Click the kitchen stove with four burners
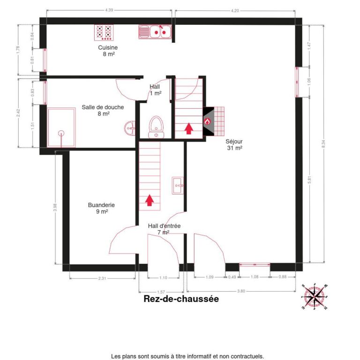[x=104, y=32]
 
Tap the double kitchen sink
[x=155, y=32]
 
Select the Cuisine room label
[x=108, y=51]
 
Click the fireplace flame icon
[x=207, y=121]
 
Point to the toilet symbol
[x=156, y=127]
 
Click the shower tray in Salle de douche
[x=61, y=127]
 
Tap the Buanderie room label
[x=101, y=208]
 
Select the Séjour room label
[x=234, y=145]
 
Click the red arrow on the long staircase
[x=150, y=200]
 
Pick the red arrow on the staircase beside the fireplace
[x=189, y=128]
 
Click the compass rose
[x=315, y=297]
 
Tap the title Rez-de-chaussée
[x=181, y=299]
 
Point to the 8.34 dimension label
[x=323, y=144]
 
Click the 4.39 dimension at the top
[x=109, y=10]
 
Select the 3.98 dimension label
[x=55, y=207]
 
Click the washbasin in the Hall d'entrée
[x=178, y=186]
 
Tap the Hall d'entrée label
[x=164, y=229]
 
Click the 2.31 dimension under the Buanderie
[x=102, y=278]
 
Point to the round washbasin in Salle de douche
[x=130, y=128]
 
